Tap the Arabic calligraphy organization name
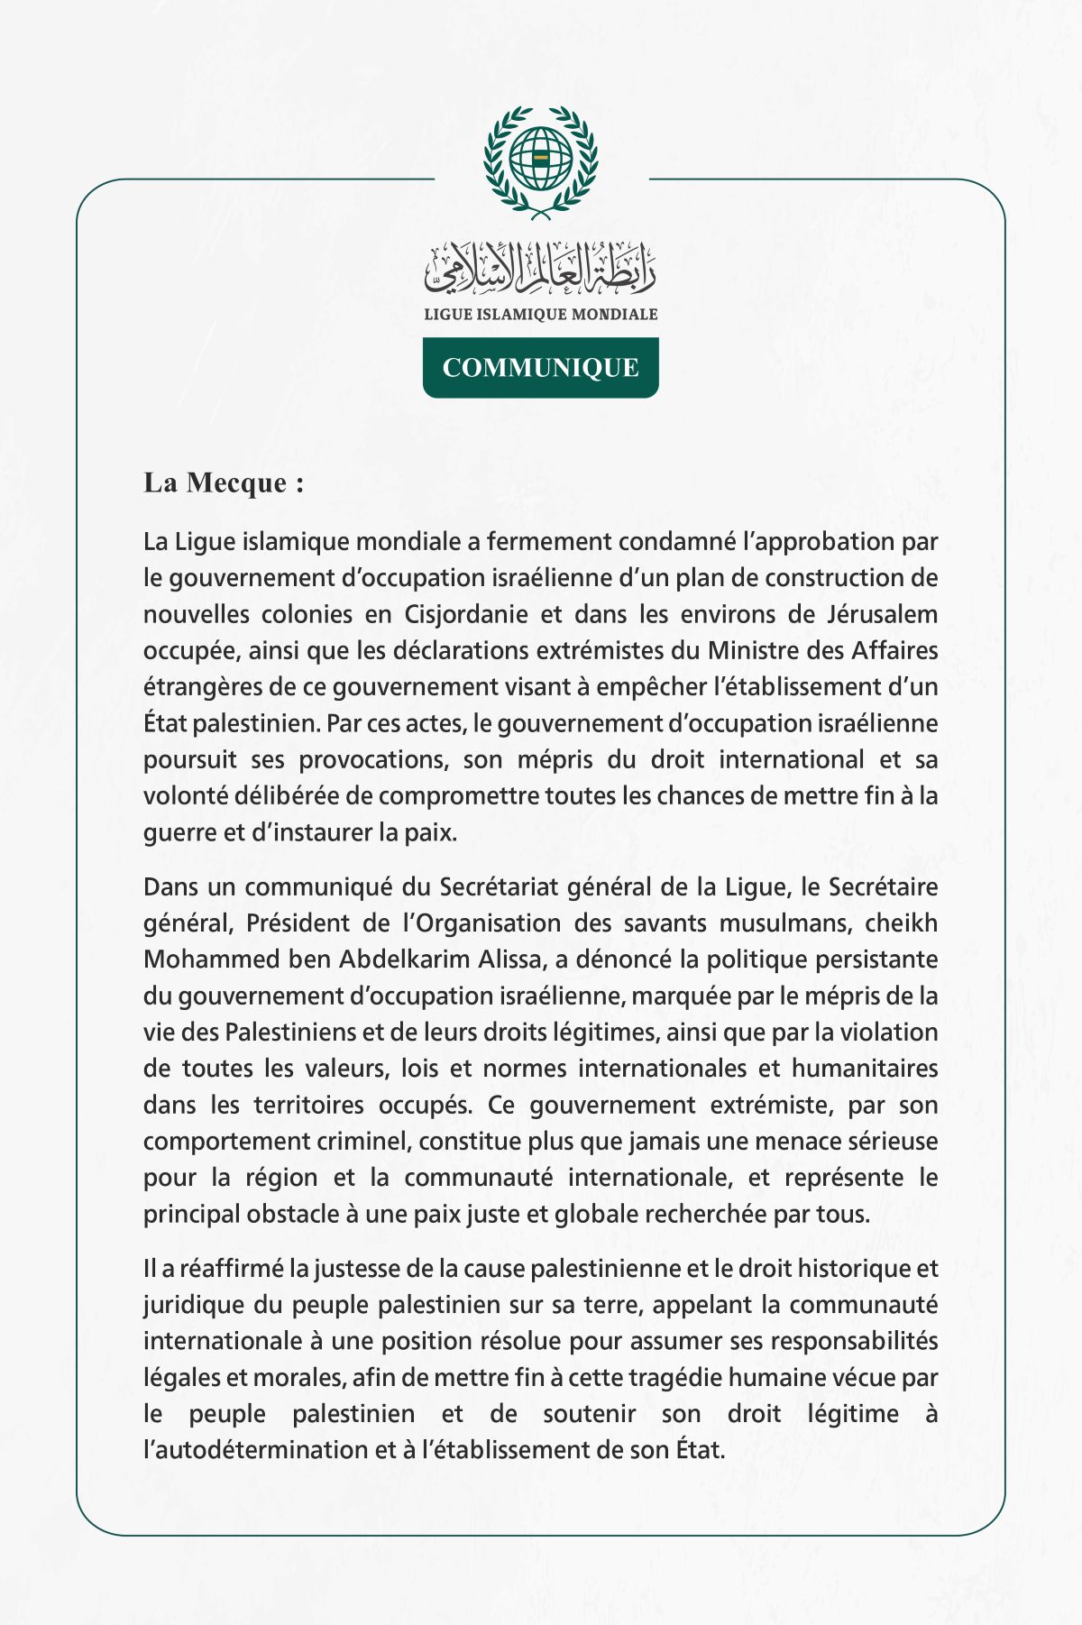(541, 269)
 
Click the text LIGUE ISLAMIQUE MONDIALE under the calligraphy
(541, 315)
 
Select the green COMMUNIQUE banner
(541, 368)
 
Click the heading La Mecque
(224, 482)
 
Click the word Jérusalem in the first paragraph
(882, 615)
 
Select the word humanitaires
(865, 1069)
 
